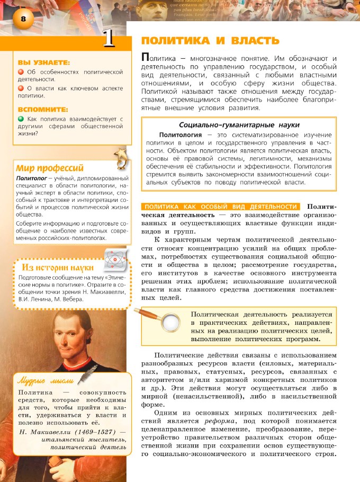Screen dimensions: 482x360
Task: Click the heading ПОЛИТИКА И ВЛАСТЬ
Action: (209, 41)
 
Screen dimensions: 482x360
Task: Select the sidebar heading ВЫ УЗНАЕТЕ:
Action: (43, 63)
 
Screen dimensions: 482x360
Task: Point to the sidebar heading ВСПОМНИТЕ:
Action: (42, 109)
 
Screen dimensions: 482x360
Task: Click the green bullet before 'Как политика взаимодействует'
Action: (21, 119)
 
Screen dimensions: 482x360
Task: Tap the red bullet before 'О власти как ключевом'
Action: (21, 88)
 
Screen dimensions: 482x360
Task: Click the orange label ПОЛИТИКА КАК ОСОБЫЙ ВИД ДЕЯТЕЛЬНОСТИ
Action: (221, 207)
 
